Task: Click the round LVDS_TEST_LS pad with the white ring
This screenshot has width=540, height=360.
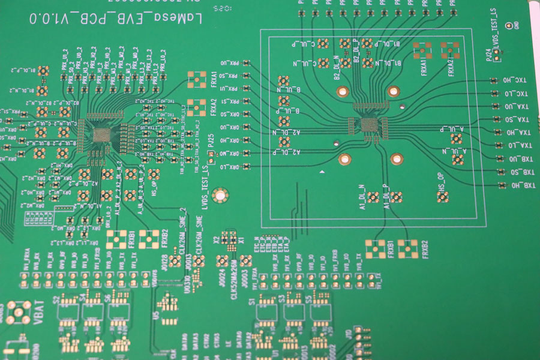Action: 220,194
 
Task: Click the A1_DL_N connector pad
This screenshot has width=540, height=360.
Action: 373,197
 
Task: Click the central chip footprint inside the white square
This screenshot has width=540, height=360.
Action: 367,125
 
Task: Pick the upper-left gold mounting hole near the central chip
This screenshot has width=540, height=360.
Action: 343,91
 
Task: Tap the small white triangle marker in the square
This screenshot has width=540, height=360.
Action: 323,173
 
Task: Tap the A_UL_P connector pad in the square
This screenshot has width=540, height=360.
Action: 457,139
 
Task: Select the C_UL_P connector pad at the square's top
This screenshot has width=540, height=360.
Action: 323,43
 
